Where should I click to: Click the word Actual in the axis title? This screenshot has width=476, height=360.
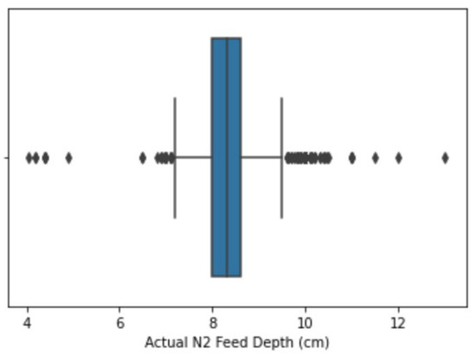163,343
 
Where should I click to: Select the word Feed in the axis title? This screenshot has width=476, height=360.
223,343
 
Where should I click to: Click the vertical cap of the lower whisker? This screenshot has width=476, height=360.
175,157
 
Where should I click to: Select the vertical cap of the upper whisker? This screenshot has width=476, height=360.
281,157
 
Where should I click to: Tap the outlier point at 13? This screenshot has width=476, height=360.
445,157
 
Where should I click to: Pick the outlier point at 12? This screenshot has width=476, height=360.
398,157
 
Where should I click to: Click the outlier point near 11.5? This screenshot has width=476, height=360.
375,157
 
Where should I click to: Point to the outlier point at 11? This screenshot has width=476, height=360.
351,157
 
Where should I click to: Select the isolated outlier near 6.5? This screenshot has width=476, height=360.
143,157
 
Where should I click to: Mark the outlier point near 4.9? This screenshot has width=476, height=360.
68,157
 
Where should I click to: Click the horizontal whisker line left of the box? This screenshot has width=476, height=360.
193,157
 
